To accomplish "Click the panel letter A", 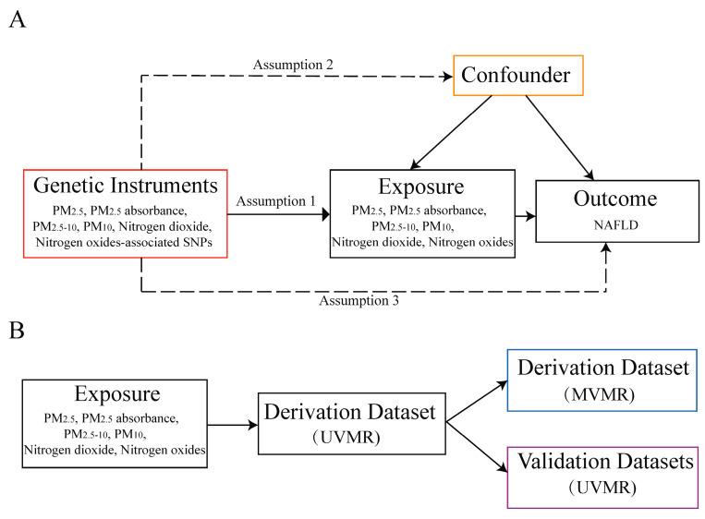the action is point(17,20).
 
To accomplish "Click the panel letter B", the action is point(17,331).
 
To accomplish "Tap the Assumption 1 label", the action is point(276,201).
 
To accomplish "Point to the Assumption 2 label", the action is point(293,65).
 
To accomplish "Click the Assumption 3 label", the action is point(359,300).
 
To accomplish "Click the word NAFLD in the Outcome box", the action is point(616,225).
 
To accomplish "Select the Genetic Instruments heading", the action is point(126,185).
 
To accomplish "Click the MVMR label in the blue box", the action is point(600,394).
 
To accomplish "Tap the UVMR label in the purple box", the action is point(602,487).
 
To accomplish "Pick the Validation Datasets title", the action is point(605,461).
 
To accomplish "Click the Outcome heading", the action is point(615,199).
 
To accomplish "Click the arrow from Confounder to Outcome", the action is point(560,138).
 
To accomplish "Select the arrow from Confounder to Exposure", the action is point(452,133).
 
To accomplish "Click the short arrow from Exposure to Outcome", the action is point(525,216).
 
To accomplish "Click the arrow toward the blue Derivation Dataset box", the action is point(477,402).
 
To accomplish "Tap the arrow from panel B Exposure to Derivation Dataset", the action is point(233,425).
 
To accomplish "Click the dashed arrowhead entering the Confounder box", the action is point(448,77).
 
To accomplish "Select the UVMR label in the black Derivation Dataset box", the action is point(346,437).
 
